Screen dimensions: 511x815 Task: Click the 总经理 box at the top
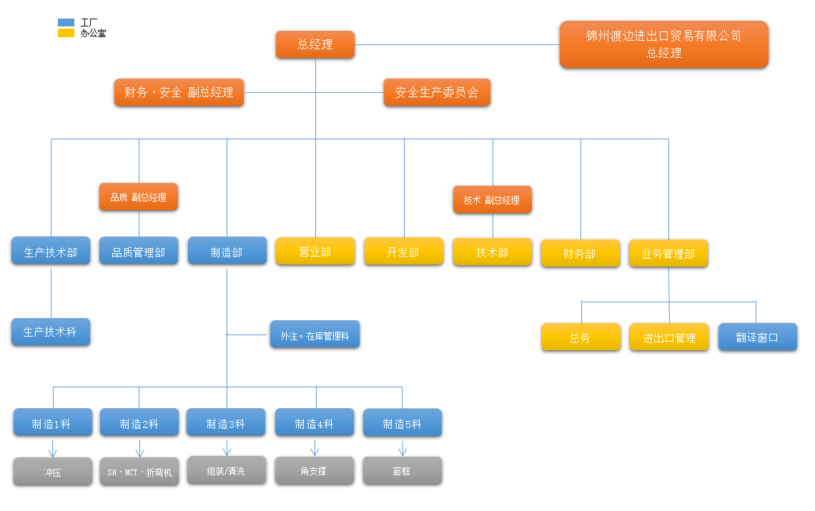[x=315, y=44]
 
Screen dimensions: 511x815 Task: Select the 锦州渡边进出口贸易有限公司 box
[x=663, y=44]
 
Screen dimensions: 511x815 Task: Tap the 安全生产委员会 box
[x=437, y=92]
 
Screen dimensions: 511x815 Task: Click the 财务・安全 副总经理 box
[x=179, y=92]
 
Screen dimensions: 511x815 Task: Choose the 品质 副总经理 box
[x=138, y=197]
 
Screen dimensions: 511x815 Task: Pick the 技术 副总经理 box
[x=492, y=200]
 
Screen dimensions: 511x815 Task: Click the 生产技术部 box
[x=51, y=252]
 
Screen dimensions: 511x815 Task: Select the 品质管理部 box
[x=139, y=252]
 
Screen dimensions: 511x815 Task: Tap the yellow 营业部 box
[x=315, y=252]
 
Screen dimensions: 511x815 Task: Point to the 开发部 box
[x=403, y=252]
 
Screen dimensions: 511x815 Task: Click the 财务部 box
[x=580, y=253]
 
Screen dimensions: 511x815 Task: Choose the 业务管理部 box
[x=668, y=253]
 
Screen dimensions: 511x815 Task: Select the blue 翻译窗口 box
[x=757, y=337]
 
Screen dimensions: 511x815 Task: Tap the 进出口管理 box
[x=669, y=337]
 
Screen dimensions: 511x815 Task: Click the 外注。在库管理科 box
[x=315, y=334]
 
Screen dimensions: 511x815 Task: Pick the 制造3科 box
[x=226, y=423]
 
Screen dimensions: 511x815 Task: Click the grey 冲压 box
[x=52, y=472]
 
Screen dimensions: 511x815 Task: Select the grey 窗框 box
[x=402, y=471]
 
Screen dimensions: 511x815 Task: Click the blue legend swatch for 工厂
[x=66, y=23]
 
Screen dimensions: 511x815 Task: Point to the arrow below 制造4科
[x=315, y=449]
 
